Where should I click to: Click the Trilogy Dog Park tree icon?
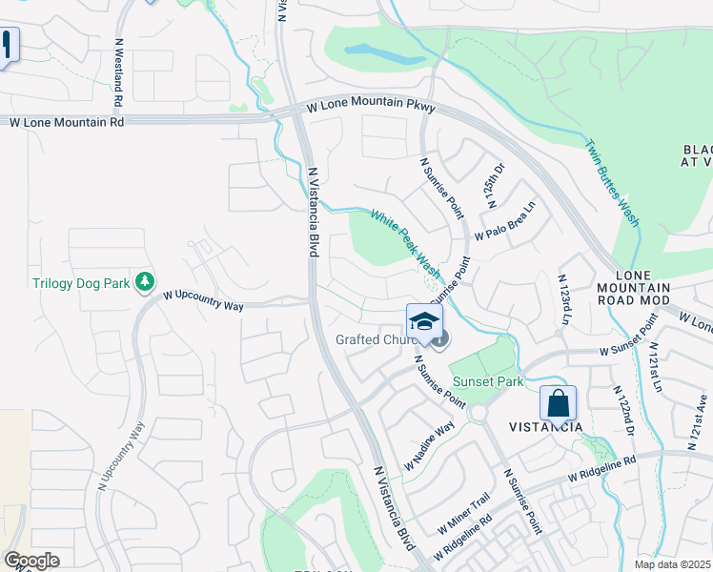[x=145, y=281]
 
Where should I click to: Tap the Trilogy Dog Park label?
[x=80, y=283]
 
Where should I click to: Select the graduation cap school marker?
[x=424, y=320]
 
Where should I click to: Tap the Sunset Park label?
[x=488, y=381]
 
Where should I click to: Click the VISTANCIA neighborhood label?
[x=545, y=427]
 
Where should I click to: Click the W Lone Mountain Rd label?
[x=67, y=122]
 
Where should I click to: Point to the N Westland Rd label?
[x=118, y=72]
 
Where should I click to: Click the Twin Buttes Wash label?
[x=612, y=184]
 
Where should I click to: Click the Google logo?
[x=31, y=561]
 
